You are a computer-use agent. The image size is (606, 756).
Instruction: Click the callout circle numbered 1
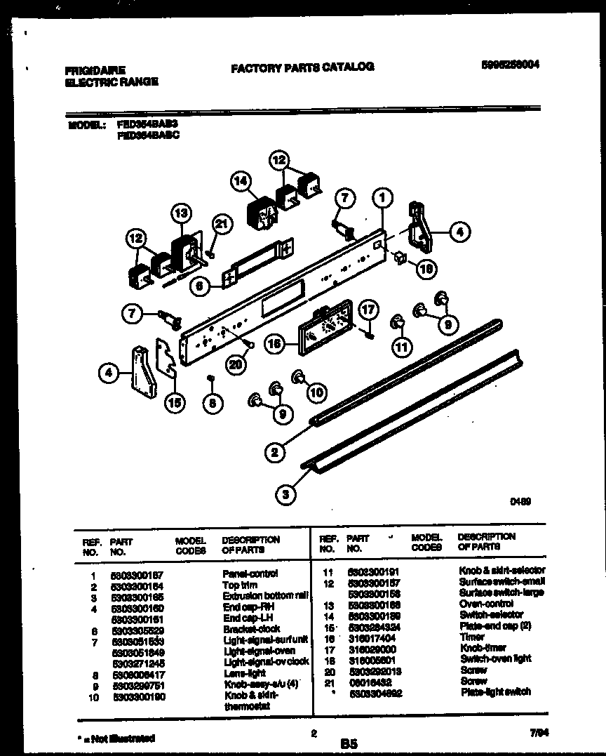tap(382, 199)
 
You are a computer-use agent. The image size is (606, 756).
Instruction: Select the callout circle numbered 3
tap(284, 496)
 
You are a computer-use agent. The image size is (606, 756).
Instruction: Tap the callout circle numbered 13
tap(181, 213)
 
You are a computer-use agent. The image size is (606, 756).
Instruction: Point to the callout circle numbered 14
tap(241, 181)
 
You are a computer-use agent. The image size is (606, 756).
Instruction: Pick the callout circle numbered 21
tap(221, 225)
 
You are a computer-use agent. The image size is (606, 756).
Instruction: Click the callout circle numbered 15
tap(175, 402)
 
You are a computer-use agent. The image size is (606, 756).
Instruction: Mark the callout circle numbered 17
tap(369, 309)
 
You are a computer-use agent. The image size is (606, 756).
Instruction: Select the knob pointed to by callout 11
tap(398, 322)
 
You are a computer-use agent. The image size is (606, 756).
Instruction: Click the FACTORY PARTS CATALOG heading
tap(302, 67)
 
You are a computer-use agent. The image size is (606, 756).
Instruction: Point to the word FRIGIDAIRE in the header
tap(95, 70)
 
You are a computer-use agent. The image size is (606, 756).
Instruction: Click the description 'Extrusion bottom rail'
tap(265, 596)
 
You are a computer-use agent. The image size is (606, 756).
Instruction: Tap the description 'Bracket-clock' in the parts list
tap(251, 629)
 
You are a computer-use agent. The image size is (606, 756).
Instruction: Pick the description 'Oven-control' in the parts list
tap(486, 604)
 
